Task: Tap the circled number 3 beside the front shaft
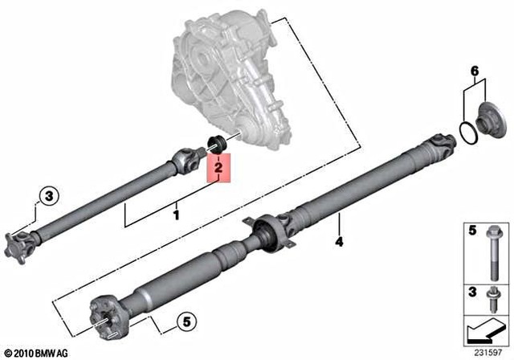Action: (47, 195)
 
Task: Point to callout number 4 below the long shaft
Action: (339, 240)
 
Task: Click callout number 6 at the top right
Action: (475, 72)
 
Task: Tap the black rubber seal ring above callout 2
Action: (214, 145)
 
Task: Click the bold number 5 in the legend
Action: (473, 231)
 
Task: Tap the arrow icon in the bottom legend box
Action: (484, 329)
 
